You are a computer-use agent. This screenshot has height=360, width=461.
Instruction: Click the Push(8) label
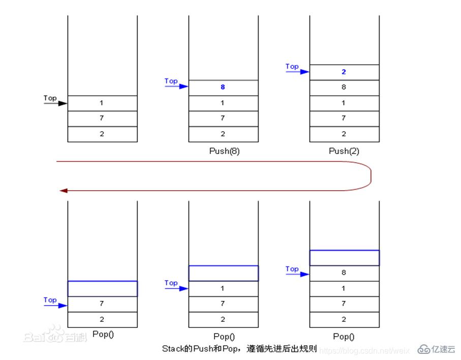(x=224, y=151)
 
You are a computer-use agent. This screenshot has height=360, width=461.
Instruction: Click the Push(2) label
(x=344, y=151)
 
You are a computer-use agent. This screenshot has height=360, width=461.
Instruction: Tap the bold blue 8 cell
(x=223, y=87)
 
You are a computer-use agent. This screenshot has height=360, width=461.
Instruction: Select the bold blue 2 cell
(x=344, y=72)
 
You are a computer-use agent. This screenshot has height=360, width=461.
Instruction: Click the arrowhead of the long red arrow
(x=63, y=191)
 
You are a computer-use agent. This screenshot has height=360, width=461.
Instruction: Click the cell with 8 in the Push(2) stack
(x=344, y=87)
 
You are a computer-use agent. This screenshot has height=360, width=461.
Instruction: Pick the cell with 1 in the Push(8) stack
(x=223, y=103)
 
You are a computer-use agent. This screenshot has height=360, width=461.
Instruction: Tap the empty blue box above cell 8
(x=344, y=258)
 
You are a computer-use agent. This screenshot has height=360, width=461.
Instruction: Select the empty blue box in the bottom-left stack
(x=102, y=288)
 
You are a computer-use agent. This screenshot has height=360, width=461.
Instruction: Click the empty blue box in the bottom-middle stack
(x=223, y=273)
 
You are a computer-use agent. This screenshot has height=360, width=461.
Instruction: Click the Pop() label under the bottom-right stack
(x=344, y=337)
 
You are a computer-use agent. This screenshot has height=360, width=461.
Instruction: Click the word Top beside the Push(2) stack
(x=292, y=66)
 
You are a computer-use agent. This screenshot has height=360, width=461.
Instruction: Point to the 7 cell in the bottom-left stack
(x=102, y=304)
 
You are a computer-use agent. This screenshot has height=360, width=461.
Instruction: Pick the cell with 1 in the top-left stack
(x=102, y=103)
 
